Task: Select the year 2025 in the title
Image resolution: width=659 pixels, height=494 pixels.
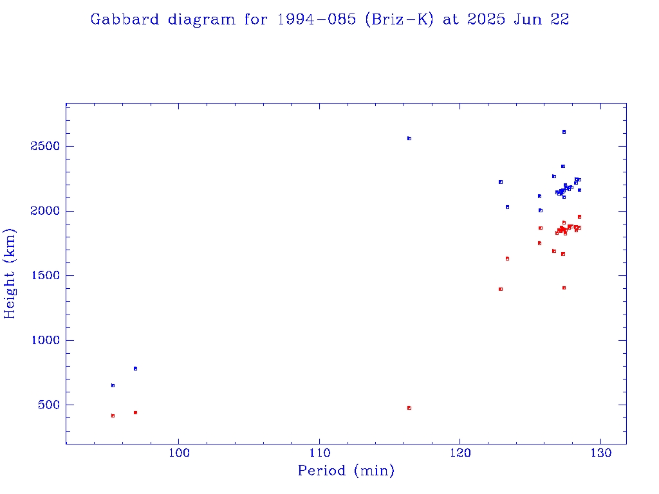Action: click(487, 19)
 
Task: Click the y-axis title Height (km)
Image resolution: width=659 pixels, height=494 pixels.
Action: click(10, 273)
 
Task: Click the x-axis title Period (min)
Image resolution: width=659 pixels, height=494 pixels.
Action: click(346, 471)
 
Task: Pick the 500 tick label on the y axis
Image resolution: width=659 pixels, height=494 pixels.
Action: click(48, 405)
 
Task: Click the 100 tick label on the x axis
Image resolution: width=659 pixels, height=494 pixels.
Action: click(178, 455)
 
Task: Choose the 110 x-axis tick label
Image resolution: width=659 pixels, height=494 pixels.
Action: click(319, 455)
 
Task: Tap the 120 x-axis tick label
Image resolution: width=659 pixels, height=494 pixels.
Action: click(459, 455)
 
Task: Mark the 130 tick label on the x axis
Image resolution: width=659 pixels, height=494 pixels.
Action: click(600, 455)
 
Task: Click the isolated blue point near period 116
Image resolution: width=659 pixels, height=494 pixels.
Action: click(409, 138)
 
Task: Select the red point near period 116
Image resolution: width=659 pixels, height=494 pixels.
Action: click(409, 408)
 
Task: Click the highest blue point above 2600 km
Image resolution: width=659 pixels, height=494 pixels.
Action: click(564, 132)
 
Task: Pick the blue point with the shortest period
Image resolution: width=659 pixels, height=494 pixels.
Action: click(113, 385)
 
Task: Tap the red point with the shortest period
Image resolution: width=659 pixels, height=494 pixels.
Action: click(113, 416)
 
